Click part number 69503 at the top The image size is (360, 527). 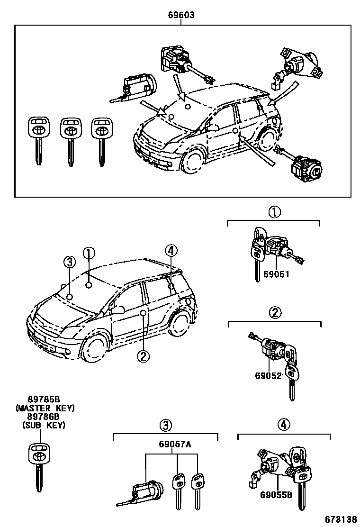pos(181,15)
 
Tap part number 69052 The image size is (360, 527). pos(269,375)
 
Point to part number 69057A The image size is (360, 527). pos(175,444)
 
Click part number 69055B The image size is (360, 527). pos(276,496)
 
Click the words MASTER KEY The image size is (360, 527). pos(45,408)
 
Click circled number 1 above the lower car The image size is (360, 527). pos(89,254)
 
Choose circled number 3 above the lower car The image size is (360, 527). pos(69,261)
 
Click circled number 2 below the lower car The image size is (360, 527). pos(143,355)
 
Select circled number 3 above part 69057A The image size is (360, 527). pos(164,425)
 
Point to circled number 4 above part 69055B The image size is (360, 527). pos(282,424)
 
